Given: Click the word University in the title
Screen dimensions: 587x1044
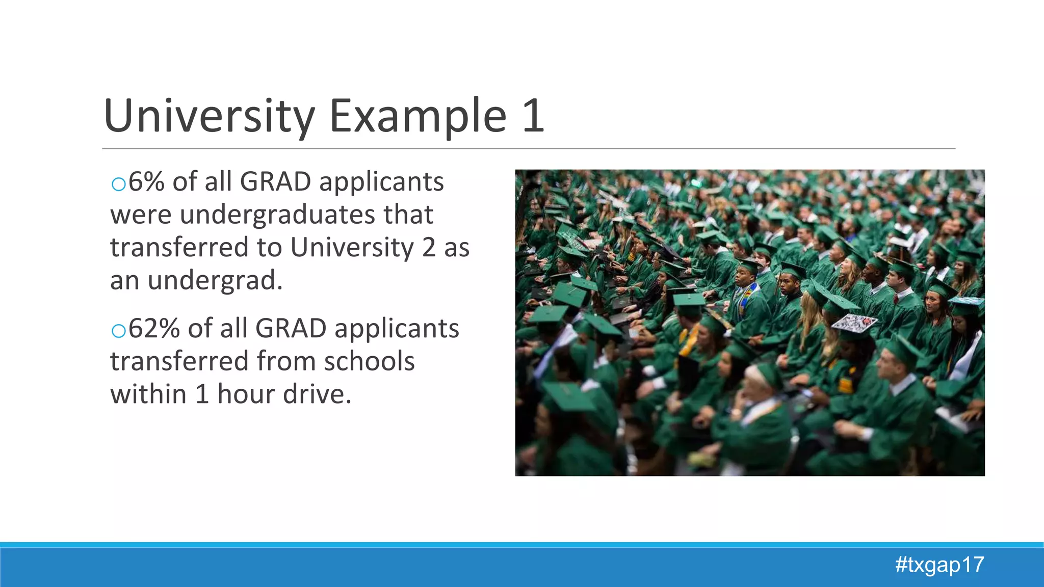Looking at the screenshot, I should point(209,116).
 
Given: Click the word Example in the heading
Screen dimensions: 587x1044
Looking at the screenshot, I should point(418,116).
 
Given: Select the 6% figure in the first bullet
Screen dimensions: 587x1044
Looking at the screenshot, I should point(146,182).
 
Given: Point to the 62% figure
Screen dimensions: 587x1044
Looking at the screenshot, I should point(154,329).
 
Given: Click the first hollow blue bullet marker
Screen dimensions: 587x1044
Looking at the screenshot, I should point(118,184).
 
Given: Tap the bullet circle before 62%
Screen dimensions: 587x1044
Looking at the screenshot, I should point(118,331).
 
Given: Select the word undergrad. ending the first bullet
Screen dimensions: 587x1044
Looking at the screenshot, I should point(215,280).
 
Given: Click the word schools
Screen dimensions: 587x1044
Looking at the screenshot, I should point(369,361).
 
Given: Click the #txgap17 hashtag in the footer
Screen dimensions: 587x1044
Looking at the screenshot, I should point(939,565).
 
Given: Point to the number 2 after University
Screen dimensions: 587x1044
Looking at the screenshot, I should point(429,248).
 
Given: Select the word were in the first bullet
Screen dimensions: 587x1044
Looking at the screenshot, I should point(141,215).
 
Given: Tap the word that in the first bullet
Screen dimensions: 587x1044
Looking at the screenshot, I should point(408,215).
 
